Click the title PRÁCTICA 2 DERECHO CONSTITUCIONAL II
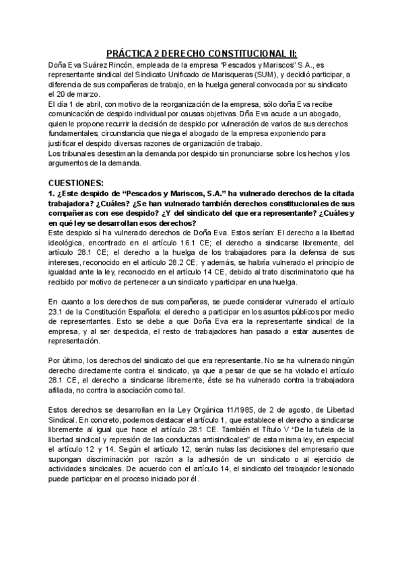[202, 53]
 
